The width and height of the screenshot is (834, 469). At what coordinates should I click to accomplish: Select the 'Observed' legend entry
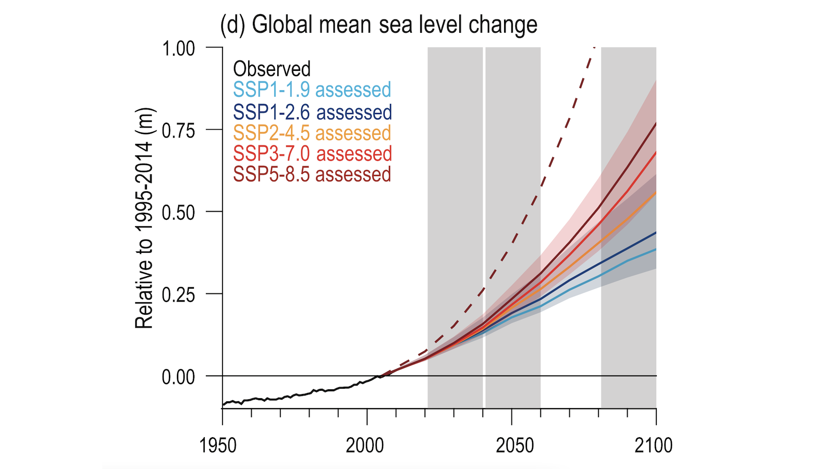click(272, 69)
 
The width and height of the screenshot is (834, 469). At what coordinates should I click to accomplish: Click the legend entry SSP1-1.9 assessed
click(312, 90)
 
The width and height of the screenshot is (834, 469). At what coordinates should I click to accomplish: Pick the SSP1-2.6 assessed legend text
click(312, 112)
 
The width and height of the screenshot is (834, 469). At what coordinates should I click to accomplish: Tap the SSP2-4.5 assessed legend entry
click(312, 133)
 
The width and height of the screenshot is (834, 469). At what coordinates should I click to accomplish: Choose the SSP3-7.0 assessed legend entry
click(312, 154)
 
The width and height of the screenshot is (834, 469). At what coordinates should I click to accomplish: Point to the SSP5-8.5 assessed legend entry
click(312, 175)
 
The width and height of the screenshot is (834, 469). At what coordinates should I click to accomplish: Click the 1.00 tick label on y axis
click(178, 48)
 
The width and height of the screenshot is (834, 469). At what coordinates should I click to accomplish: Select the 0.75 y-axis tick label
click(178, 130)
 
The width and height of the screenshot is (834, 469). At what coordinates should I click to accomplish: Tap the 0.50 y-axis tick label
click(178, 213)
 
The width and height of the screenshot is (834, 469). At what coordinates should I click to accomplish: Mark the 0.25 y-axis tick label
click(178, 295)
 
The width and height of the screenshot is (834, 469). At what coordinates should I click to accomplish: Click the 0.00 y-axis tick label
click(178, 377)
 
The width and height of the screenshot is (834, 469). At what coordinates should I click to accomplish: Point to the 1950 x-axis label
click(218, 446)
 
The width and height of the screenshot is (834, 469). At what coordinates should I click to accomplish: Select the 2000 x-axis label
click(365, 446)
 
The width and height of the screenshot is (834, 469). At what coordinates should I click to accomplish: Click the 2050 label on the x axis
click(515, 446)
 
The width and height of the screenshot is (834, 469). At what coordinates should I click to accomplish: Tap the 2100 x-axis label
click(654, 446)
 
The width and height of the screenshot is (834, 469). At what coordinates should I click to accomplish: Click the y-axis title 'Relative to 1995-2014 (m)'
click(144, 218)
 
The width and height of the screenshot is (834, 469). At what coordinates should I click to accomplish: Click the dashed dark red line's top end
click(594, 48)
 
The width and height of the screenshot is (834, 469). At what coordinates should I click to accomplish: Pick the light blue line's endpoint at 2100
click(656, 249)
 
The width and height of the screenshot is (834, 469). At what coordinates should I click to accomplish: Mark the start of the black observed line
click(223, 404)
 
